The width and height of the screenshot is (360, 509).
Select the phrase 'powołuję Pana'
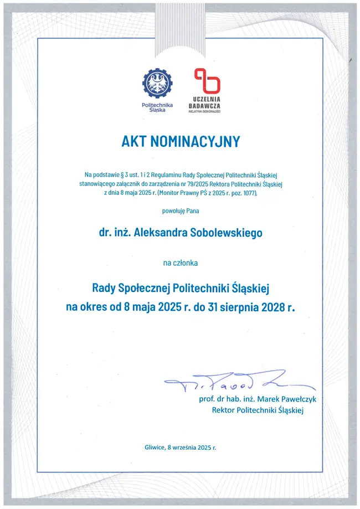180,210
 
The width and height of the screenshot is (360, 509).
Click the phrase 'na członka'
180,263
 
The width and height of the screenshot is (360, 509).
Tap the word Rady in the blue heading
103,288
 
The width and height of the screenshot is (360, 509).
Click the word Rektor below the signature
223,410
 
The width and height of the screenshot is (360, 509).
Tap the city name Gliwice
155,447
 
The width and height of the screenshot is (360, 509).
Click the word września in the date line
184,447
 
